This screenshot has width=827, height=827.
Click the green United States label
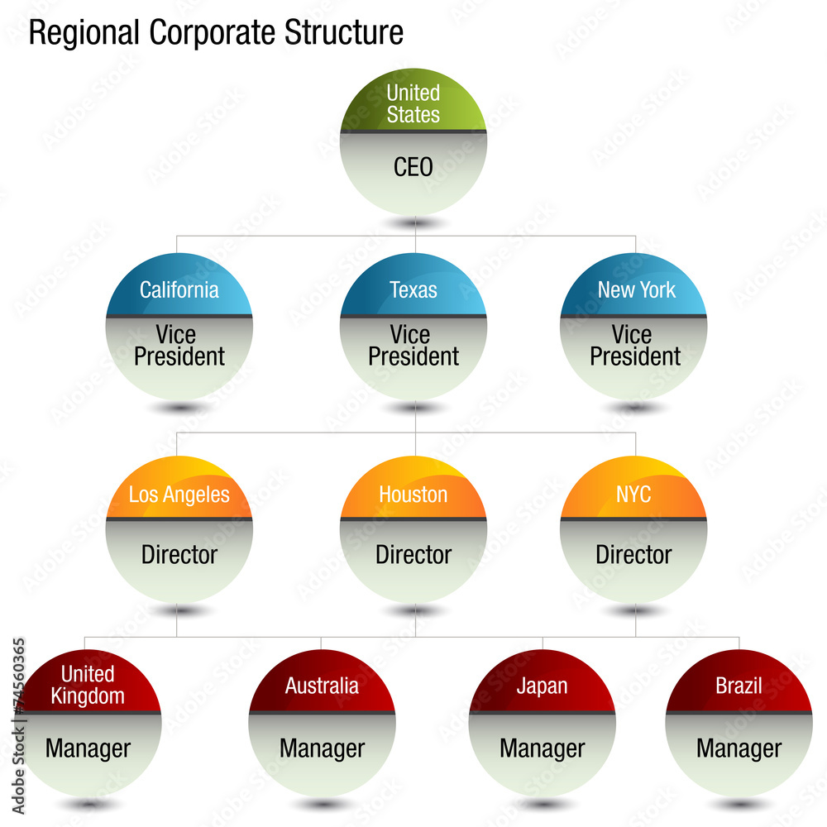(413, 103)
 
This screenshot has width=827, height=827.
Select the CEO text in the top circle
(413, 167)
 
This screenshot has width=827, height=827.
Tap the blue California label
(179, 290)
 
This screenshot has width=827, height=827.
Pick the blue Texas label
(413, 290)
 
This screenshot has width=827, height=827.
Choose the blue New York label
(636, 290)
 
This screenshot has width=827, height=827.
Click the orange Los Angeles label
(179, 495)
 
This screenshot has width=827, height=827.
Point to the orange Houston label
(413, 495)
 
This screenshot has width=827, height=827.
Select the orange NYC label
(633, 495)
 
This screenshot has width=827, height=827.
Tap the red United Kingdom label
(88, 685)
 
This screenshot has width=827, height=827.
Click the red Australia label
(322, 686)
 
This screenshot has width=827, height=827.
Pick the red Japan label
(542, 686)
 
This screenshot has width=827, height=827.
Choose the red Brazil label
(739, 686)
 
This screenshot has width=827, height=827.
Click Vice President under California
(179, 346)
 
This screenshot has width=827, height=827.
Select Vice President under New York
(635, 346)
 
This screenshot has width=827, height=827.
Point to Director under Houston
(413, 554)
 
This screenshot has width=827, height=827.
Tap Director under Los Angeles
(179, 554)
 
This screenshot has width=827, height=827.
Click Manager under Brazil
(739, 748)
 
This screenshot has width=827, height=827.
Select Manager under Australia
(322, 748)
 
